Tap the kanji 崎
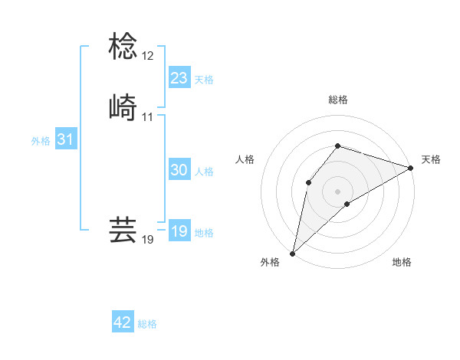(123, 107)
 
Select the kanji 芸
(123, 230)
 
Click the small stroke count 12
(147, 56)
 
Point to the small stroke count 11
(147, 117)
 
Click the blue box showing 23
(179, 78)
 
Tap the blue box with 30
(179, 170)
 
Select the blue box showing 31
(65, 139)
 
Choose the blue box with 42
(123, 323)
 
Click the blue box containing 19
(179, 231)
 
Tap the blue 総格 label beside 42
(147, 325)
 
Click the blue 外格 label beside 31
(41, 141)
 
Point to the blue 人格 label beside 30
(204, 172)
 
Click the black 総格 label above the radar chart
(338, 100)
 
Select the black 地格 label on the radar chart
(402, 263)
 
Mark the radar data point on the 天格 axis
(411, 168)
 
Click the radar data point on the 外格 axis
(292, 253)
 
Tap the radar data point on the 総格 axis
(338, 146)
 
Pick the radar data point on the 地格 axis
(347, 204)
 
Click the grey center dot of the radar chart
(338, 191)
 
